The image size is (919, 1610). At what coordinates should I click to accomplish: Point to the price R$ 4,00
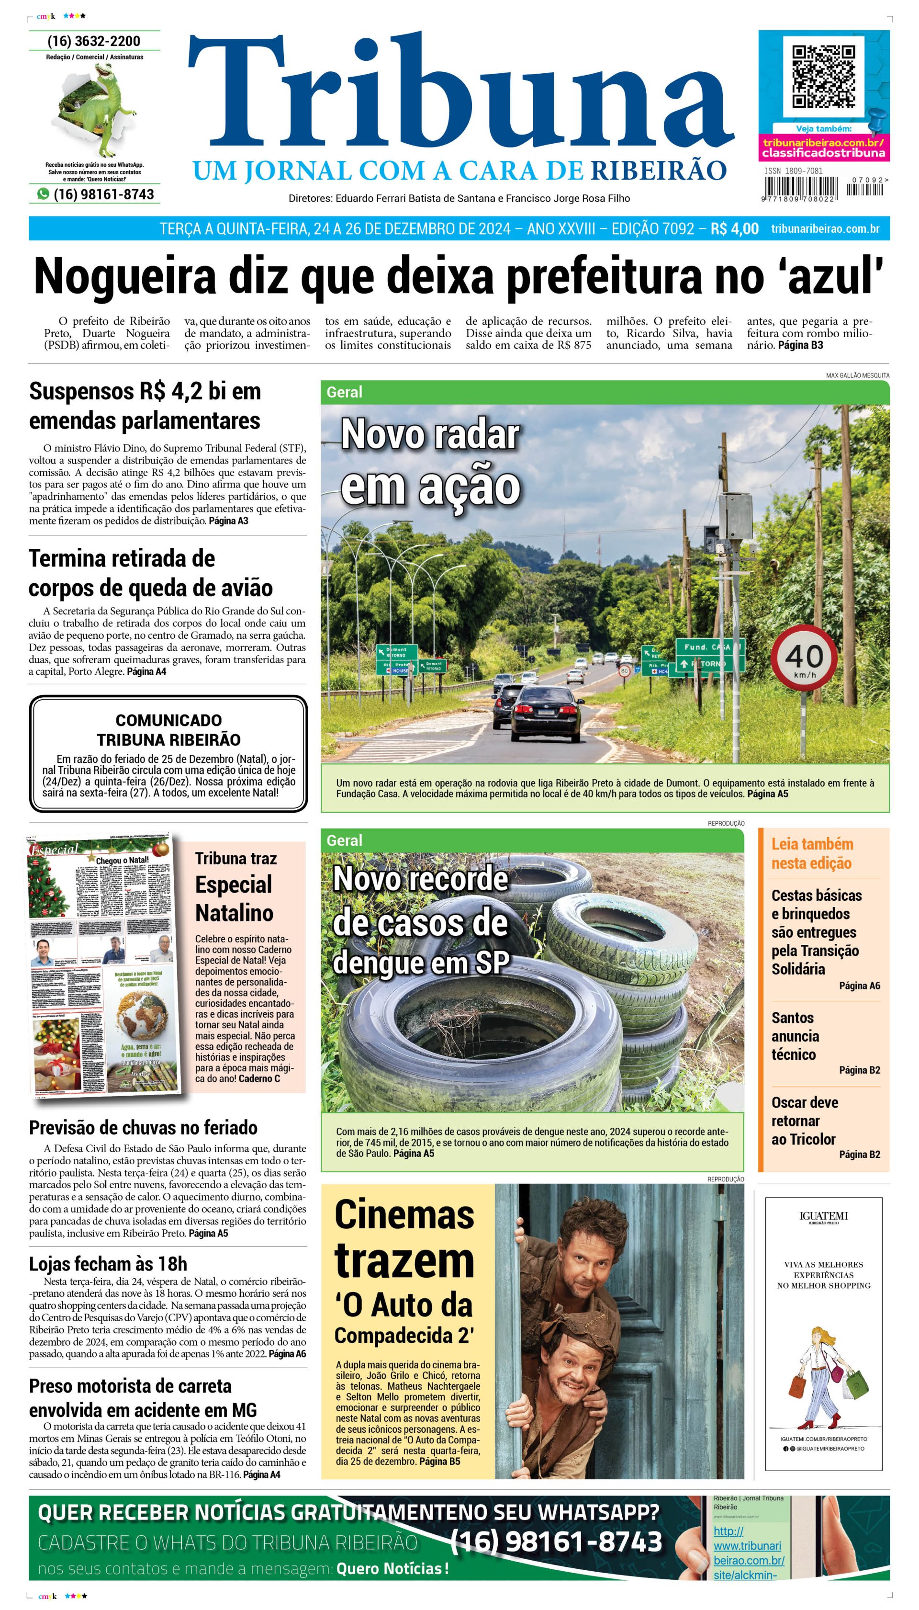click(x=734, y=228)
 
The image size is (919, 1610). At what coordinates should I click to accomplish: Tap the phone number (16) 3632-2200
click(x=94, y=41)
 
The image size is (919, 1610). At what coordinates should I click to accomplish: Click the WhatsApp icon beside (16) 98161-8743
click(x=43, y=194)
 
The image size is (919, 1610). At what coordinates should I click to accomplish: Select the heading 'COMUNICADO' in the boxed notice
click(x=168, y=720)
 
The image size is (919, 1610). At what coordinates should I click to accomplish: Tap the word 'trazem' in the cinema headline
click(x=404, y=1260)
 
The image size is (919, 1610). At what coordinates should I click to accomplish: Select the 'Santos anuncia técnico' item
click(x=796, y=1036)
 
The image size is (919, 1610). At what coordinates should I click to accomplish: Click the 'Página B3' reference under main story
click(x=800, y=345)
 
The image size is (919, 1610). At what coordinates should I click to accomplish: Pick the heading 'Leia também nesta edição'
click(x=812, y=854)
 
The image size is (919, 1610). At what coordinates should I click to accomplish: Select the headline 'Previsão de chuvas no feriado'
click(x=143, y=1128)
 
